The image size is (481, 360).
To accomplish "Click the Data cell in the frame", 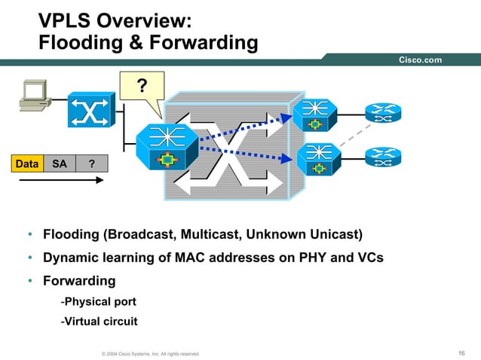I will click(x=26, y=163).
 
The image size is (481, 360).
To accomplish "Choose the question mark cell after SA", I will click(x=91, y=163).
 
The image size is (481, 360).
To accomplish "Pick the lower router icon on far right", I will click(x=382, y=157).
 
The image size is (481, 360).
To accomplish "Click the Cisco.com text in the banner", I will click(x=420, y=60).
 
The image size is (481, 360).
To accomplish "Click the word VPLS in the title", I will click(x=66, y=19).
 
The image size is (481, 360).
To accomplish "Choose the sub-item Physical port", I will click(x=98, y=302).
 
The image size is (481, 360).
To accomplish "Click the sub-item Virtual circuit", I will click(x=98, y=322).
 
